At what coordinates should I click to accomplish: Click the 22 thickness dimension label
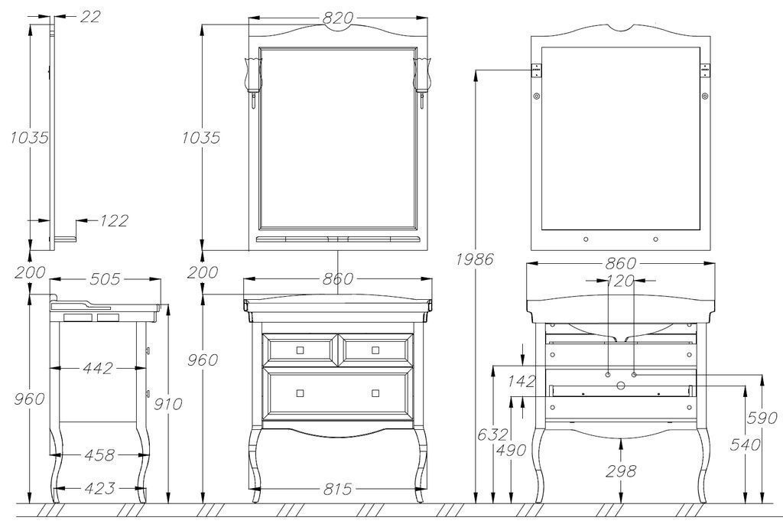(x=90, y=17)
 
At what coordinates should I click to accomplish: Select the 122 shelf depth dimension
(x=114, y=220)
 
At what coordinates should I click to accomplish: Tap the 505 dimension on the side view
(x=105, y=278)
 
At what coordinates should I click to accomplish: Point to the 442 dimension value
(x=98, y=368)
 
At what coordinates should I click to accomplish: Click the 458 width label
(x=99, y=455)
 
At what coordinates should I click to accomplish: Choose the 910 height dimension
(x=167, y=403)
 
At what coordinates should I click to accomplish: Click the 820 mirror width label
(x=338, y=18)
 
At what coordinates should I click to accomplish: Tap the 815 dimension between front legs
(x=337, y=489)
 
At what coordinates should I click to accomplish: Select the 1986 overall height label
(x=474, y=259)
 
